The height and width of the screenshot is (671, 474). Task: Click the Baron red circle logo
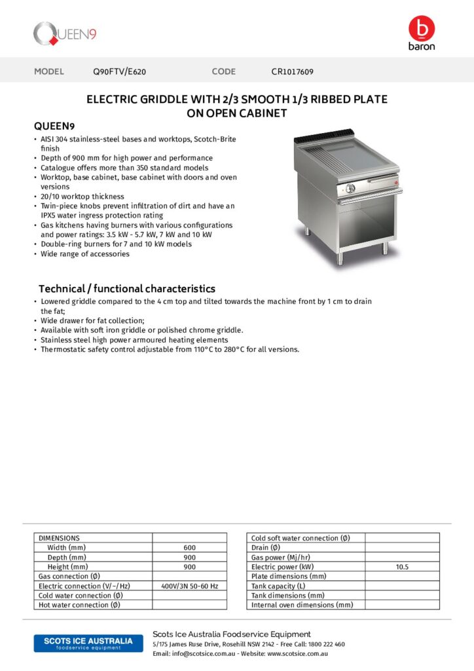point(421,29)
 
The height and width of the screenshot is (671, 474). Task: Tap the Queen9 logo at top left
point(65,33)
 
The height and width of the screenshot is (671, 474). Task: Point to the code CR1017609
point(297,71)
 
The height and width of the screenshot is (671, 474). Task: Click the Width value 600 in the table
point(189,548)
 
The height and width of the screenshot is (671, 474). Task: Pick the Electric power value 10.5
point(402,567)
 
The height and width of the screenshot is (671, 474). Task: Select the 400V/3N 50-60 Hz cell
point(189,586)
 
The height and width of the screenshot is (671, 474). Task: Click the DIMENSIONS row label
point(59,538)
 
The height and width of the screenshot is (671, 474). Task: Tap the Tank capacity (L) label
point(278,586)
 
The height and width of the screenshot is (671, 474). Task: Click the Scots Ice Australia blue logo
point(84,643)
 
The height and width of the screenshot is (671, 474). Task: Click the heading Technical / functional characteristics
point(126,289)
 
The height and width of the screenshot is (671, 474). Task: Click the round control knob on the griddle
point(350,189)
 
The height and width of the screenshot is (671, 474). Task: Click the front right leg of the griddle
point(385,250)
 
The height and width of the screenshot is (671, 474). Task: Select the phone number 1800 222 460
point(326,644)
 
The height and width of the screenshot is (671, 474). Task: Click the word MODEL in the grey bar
point(49,71)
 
